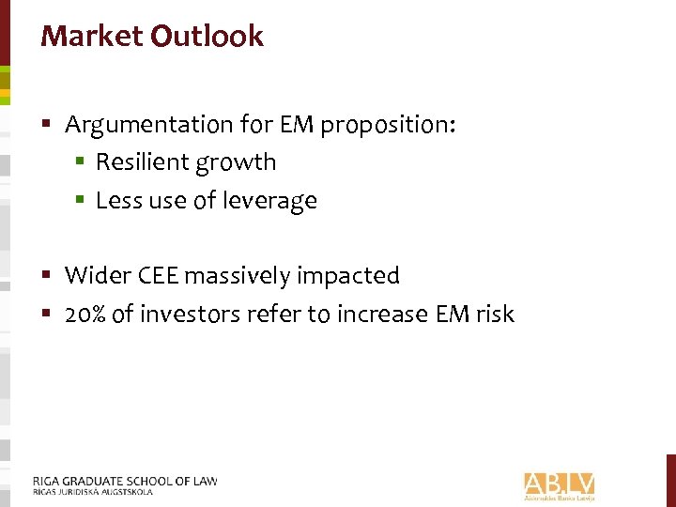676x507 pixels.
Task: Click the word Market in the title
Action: coord(91,37)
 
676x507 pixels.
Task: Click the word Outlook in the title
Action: coord(207,37)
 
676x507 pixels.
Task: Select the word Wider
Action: coord(92,275)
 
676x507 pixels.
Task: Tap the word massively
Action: coord(238,275)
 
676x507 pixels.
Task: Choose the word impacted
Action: coord(349,275)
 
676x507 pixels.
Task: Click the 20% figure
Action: coord(85,314)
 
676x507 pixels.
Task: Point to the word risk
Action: coord(494,314)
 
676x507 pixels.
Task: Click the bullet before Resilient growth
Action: coord(81,162)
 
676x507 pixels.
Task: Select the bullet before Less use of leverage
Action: coord(81,200)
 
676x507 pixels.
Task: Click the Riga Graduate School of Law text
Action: coord(125,482)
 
